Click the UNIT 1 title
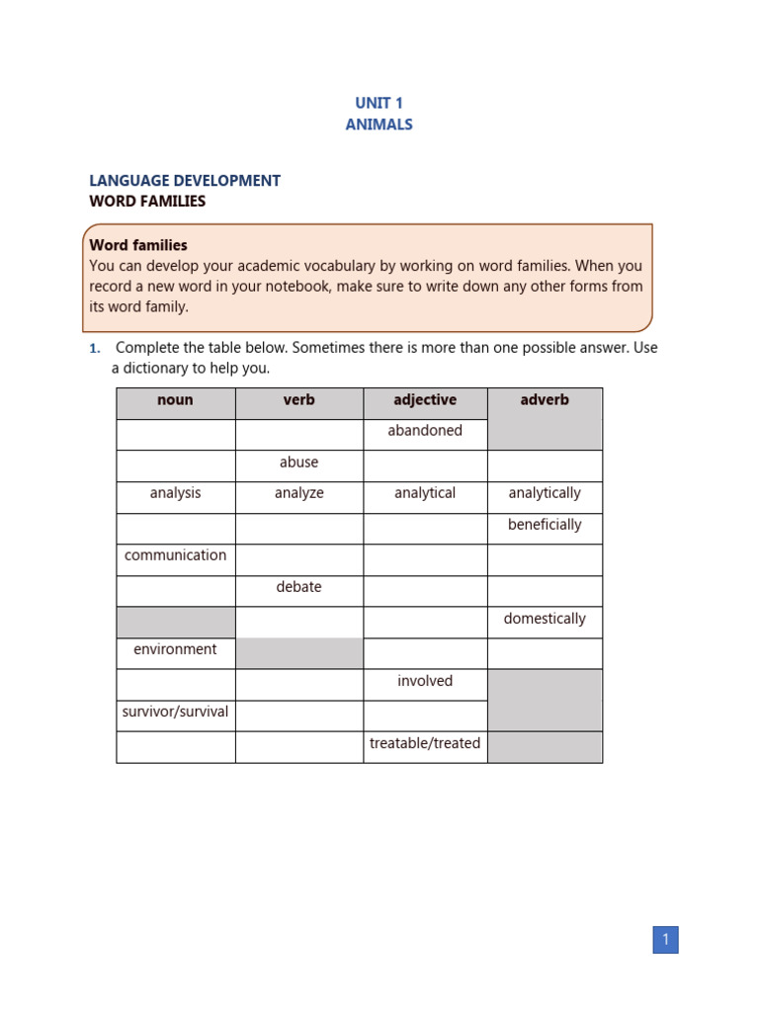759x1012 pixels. pos(379,103)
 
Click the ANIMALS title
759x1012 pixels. pos(379,125)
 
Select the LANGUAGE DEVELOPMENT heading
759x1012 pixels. pos(185,181)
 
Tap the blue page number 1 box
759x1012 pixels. pos(665,940)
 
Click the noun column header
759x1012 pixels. pos(175,400)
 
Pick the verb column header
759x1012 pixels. pos(298,400)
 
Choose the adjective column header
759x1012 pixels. pos(425,400)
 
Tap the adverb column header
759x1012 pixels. pos(545,400)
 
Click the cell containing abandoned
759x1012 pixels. pos(425,431)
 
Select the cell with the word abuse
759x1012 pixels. pos(298,463)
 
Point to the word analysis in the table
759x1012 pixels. pos(175,493)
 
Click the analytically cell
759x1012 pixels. pos(545,493)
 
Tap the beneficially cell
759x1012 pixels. pos(545,525)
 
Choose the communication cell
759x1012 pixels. pos(175,555)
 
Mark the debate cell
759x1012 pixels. pos(298,587)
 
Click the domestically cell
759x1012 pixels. pos(545,619)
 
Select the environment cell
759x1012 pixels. pos(175,649)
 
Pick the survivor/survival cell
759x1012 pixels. pos(175,712)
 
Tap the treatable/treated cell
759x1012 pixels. pos(425,743)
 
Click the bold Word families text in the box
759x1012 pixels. pos(138,245)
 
